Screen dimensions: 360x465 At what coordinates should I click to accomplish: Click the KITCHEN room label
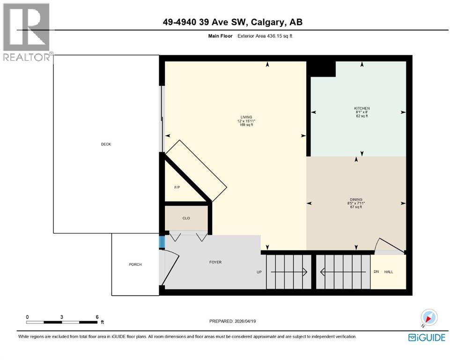(362, 108)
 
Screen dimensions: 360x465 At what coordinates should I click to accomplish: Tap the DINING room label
(355, 199)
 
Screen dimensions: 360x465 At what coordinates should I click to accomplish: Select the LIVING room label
(246, 117)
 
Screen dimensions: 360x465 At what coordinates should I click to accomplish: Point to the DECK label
(106, 144)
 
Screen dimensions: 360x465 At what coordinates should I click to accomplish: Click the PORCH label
(135, 264)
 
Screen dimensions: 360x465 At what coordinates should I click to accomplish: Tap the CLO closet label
(186, 218)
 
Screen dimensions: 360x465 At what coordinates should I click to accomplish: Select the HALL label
(389, 272)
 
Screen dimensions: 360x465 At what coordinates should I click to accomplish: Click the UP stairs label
(259, 272)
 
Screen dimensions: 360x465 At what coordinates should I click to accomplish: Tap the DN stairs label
(376, 272)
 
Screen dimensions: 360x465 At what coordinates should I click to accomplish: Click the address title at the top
(232, 22)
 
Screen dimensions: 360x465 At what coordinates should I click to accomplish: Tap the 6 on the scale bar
(96, 317)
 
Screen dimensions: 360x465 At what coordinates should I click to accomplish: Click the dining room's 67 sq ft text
(355, 207)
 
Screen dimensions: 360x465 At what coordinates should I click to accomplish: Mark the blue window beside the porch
(162, 242)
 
